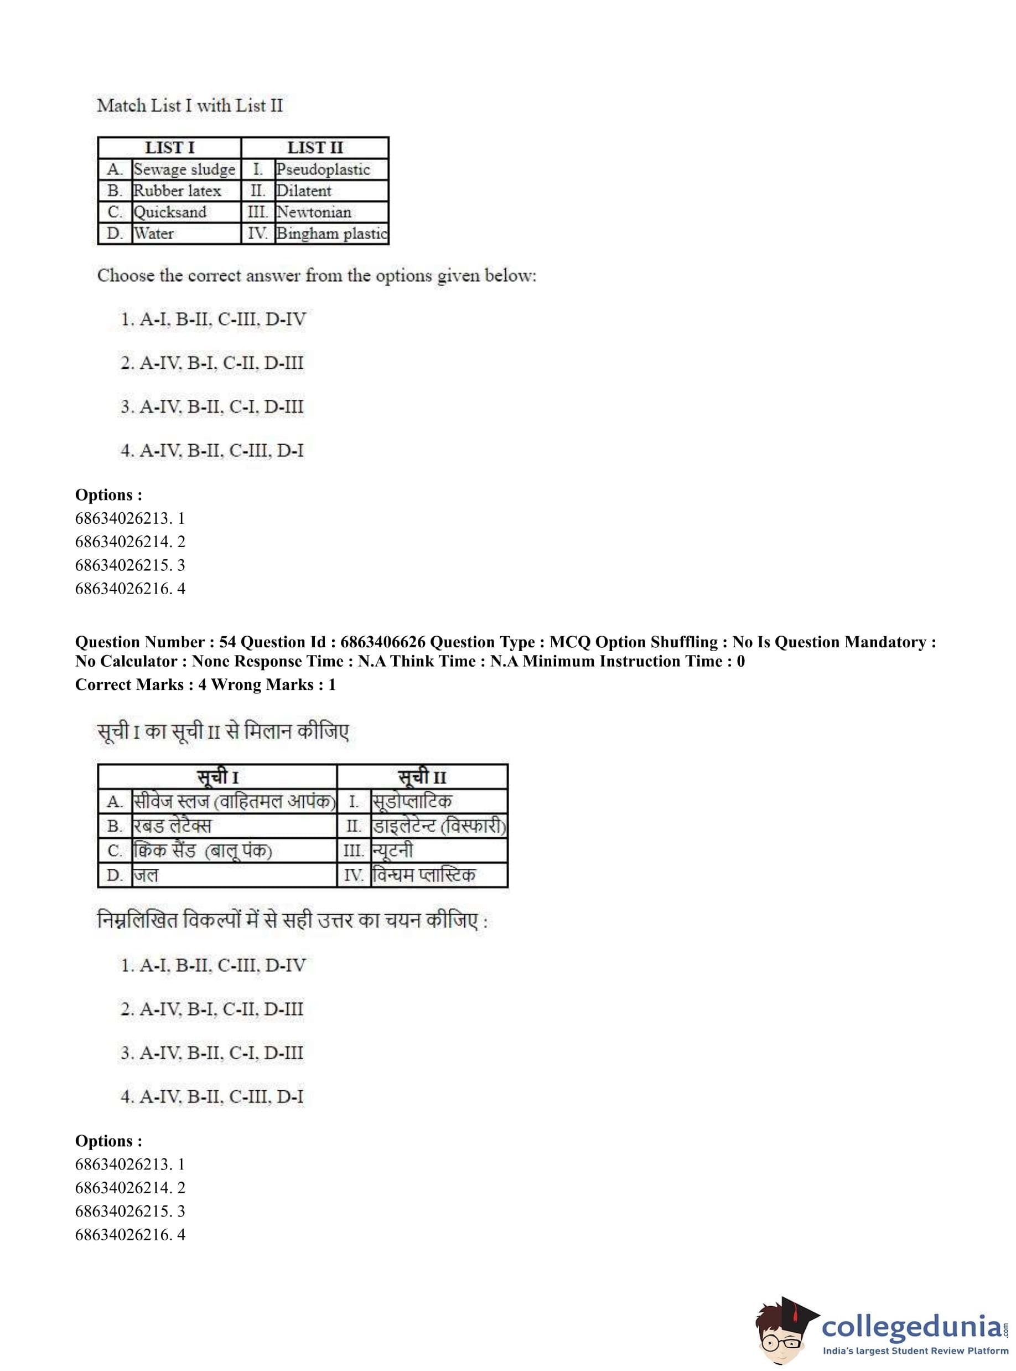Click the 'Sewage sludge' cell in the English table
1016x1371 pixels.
click(184, 169)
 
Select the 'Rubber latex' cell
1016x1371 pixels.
click(177, 191)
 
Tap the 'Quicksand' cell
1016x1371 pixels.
click(170, 212)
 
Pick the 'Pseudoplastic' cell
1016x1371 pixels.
click(323, 169)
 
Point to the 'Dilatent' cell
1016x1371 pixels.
click(304, 191)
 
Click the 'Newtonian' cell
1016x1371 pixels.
click(314, 212)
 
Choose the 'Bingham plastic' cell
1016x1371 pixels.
click(331, 233)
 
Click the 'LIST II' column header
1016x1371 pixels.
click(315, 148)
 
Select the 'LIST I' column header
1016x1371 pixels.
click(169, 148)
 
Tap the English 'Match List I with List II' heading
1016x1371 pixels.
click(190, 105)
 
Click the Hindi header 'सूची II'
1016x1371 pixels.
click(422, 776)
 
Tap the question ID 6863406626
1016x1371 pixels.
click(382, 642)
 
